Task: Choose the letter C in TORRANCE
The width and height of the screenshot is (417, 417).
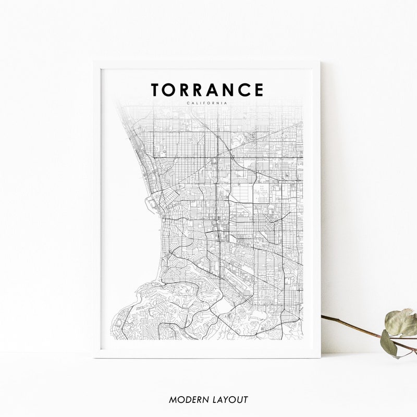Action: (245, 90)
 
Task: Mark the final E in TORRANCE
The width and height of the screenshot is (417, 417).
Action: (259, 90)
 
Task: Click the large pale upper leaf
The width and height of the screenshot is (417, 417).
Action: (401, 322)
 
